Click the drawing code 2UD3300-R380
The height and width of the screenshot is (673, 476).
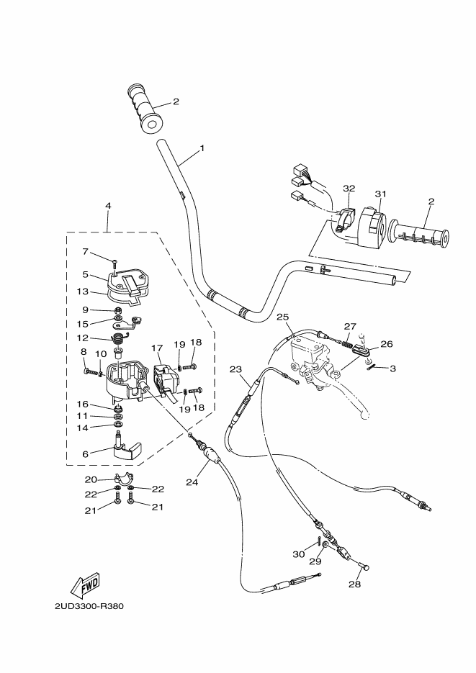pyautogui.click(x=89, y=605)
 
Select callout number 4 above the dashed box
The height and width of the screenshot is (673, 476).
pyautogui.click(x=108, y=206)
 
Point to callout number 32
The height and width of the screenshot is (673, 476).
pyautogui.click(x=349, y=188)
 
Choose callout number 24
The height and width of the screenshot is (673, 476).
pyautogui.click(x=192, y=482)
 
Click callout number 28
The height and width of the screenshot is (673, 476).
pyautogui.click(x=354, y=584)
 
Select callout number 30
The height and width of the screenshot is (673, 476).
pyautogui.click(x=298, y=554)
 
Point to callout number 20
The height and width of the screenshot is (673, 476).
pyautogui.click(x=91, y=479)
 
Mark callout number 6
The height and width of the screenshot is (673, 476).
pyautogui.click(x=85, y=454)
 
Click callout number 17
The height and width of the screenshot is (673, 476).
pyautogui.click(x=157, y=348)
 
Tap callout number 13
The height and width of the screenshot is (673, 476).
pyautogui.click(x=84, y=292)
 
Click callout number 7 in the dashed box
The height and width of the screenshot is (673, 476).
pyautogui.click(x=84, y=252)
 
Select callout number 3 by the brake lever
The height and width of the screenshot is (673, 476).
pyautogui.click(x=392, y=368)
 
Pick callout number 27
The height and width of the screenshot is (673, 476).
pyautogui.click(x=351, y=326)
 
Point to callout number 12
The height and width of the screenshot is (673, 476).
pyautogui.click(x=84, y=337)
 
